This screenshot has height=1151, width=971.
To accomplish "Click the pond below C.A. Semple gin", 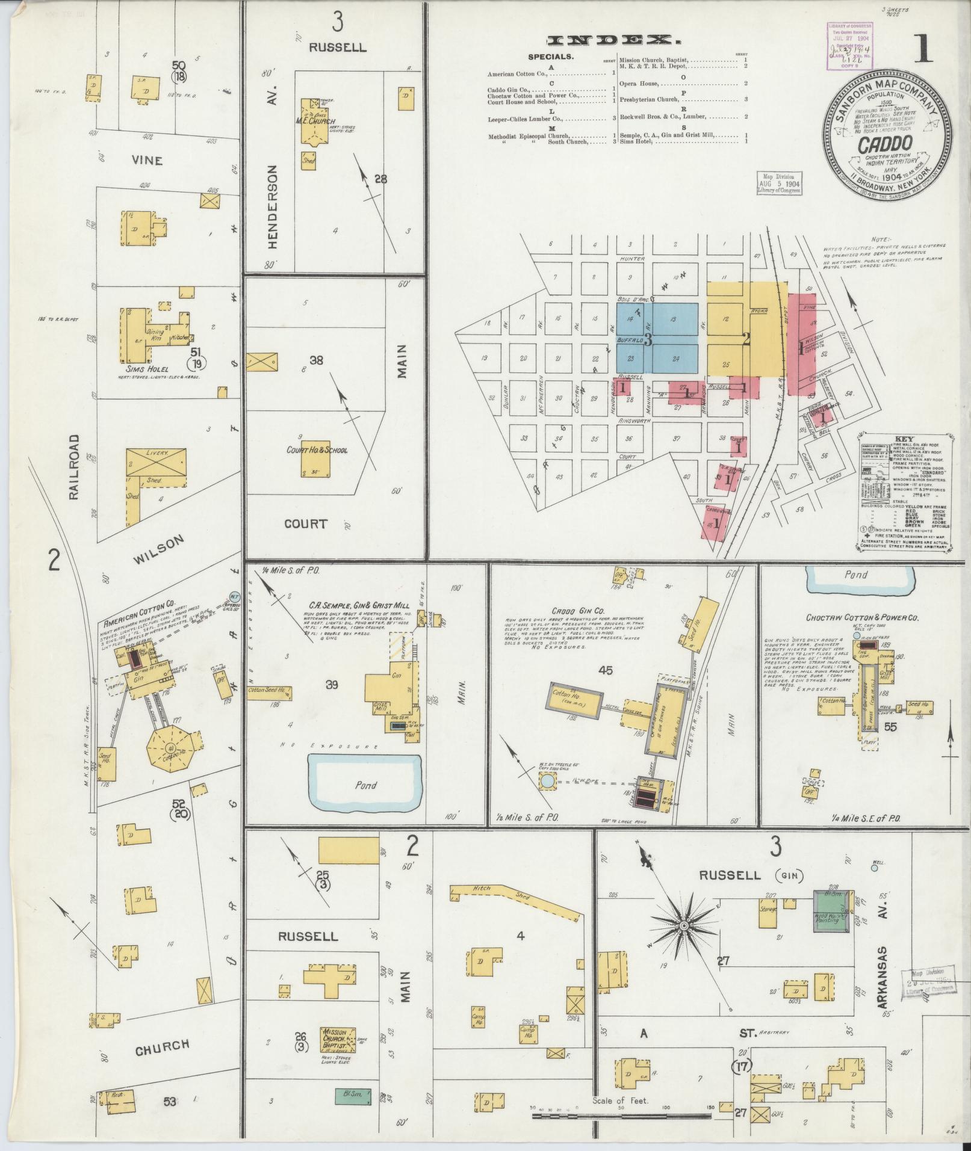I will point(365,784).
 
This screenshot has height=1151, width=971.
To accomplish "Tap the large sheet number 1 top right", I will point(921,51).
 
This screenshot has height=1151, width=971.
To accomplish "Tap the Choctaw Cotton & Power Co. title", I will point(862,617).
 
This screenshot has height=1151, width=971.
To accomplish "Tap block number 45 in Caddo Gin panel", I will point(604,670).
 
